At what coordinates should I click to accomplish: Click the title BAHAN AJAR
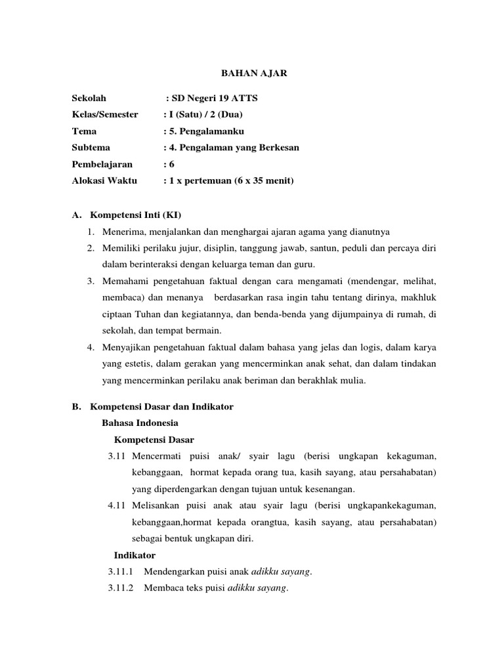click(252, 74)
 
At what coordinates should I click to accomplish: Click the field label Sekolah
click(89, 98)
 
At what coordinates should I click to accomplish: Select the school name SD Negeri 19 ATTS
click(214, 98)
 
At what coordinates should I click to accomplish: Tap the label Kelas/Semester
click(105, 114)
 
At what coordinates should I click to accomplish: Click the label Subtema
click(91, 148)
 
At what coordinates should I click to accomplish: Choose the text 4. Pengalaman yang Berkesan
click(234, 148)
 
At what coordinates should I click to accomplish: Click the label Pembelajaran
click(102, 164)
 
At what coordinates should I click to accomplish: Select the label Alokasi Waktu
click(104, 180)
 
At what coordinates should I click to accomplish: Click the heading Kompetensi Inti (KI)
click(135, 215)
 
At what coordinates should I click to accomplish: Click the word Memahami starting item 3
click(124, 281)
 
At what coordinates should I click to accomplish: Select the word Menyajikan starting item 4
click(125, 347)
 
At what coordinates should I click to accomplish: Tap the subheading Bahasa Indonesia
click(140, 423)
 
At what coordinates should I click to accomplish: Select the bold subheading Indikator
click(135, 555)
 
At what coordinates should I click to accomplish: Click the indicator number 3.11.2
click(121, 588)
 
